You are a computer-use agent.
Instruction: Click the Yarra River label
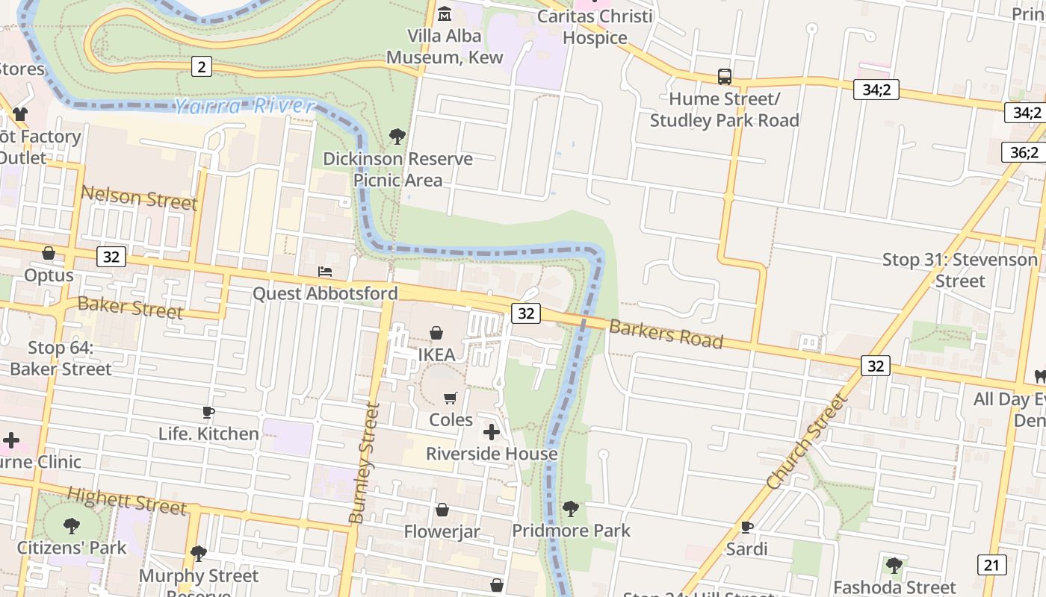click(244, 106)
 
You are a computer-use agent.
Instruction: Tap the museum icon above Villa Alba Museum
click(445, 13)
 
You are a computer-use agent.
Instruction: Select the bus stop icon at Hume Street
click(724, 76)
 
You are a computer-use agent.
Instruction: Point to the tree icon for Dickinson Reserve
click(397, 137)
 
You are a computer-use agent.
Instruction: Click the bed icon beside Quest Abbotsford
click(325, 271)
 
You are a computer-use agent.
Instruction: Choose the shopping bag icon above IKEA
click(436, 332)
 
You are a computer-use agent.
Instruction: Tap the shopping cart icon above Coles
click(451, 398)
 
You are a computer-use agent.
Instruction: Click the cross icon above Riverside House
click(492, 431)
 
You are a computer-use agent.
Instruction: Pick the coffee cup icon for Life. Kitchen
click(208, 412)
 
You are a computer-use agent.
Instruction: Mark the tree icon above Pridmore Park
click(571, 509)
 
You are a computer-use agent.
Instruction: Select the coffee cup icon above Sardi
click(746, 527)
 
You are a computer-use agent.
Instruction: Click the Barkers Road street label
click(666, 334)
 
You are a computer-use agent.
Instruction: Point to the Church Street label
click(808, 441)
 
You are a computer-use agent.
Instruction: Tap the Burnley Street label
click(365, 463)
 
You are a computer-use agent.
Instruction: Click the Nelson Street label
click(139, 198)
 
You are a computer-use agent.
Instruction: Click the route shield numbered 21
click(991, 564)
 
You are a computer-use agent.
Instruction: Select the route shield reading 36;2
click(1024, 152)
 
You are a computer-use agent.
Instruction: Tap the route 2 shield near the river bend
click(201, 66)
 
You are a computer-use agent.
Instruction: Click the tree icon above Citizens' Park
click(72, 526)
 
